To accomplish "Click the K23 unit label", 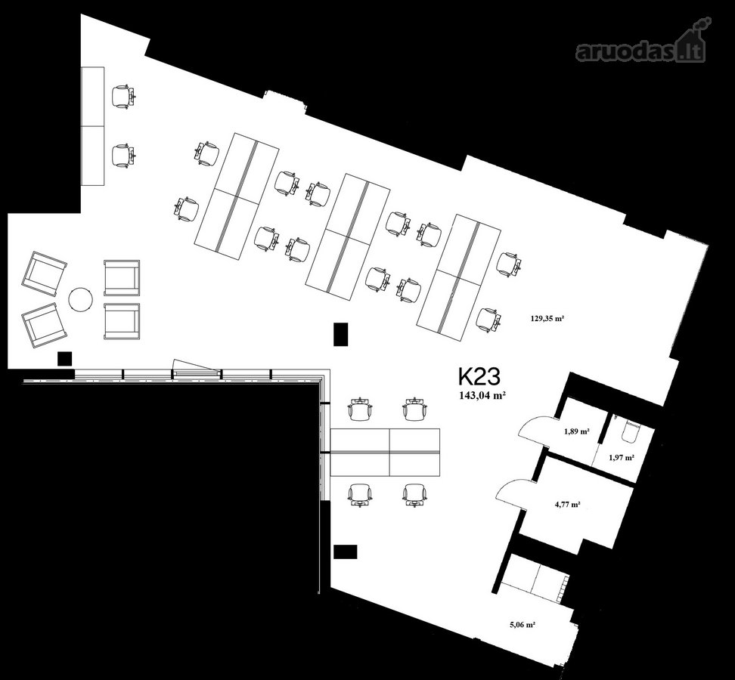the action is pyautogui.click(x=479, y=376).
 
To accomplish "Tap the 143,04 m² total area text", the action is pyautogui.click(x=482, y=395).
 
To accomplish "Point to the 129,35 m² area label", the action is pyautogui.click(x=547, y=318).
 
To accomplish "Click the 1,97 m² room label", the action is pyautogui.click(x=622, y=458).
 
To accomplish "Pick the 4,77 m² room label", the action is pyautogui.click(x=568, y=505).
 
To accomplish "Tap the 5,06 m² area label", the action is pyautogui.click(x=523, y=624).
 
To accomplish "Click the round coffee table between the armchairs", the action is pyautogui.click(x=81, y=299).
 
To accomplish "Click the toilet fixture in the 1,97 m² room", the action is pyautogui.click(x=631, y=431).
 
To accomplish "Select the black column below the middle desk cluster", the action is pyautogui.click(x=341, y=334).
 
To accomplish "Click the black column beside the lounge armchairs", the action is pyautogui.click(x=64, y=359).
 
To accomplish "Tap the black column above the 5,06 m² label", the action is pyautogui.click(x=346, y=552).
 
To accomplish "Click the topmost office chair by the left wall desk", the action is pyautogui.click(x=123, y=97).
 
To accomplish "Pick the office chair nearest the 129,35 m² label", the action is pyautogui.click(x=488, y=320).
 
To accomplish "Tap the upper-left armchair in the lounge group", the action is pyautogui.click(x=44, y=274).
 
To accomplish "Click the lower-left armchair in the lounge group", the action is pyautogui.click(x=45, y=326).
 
